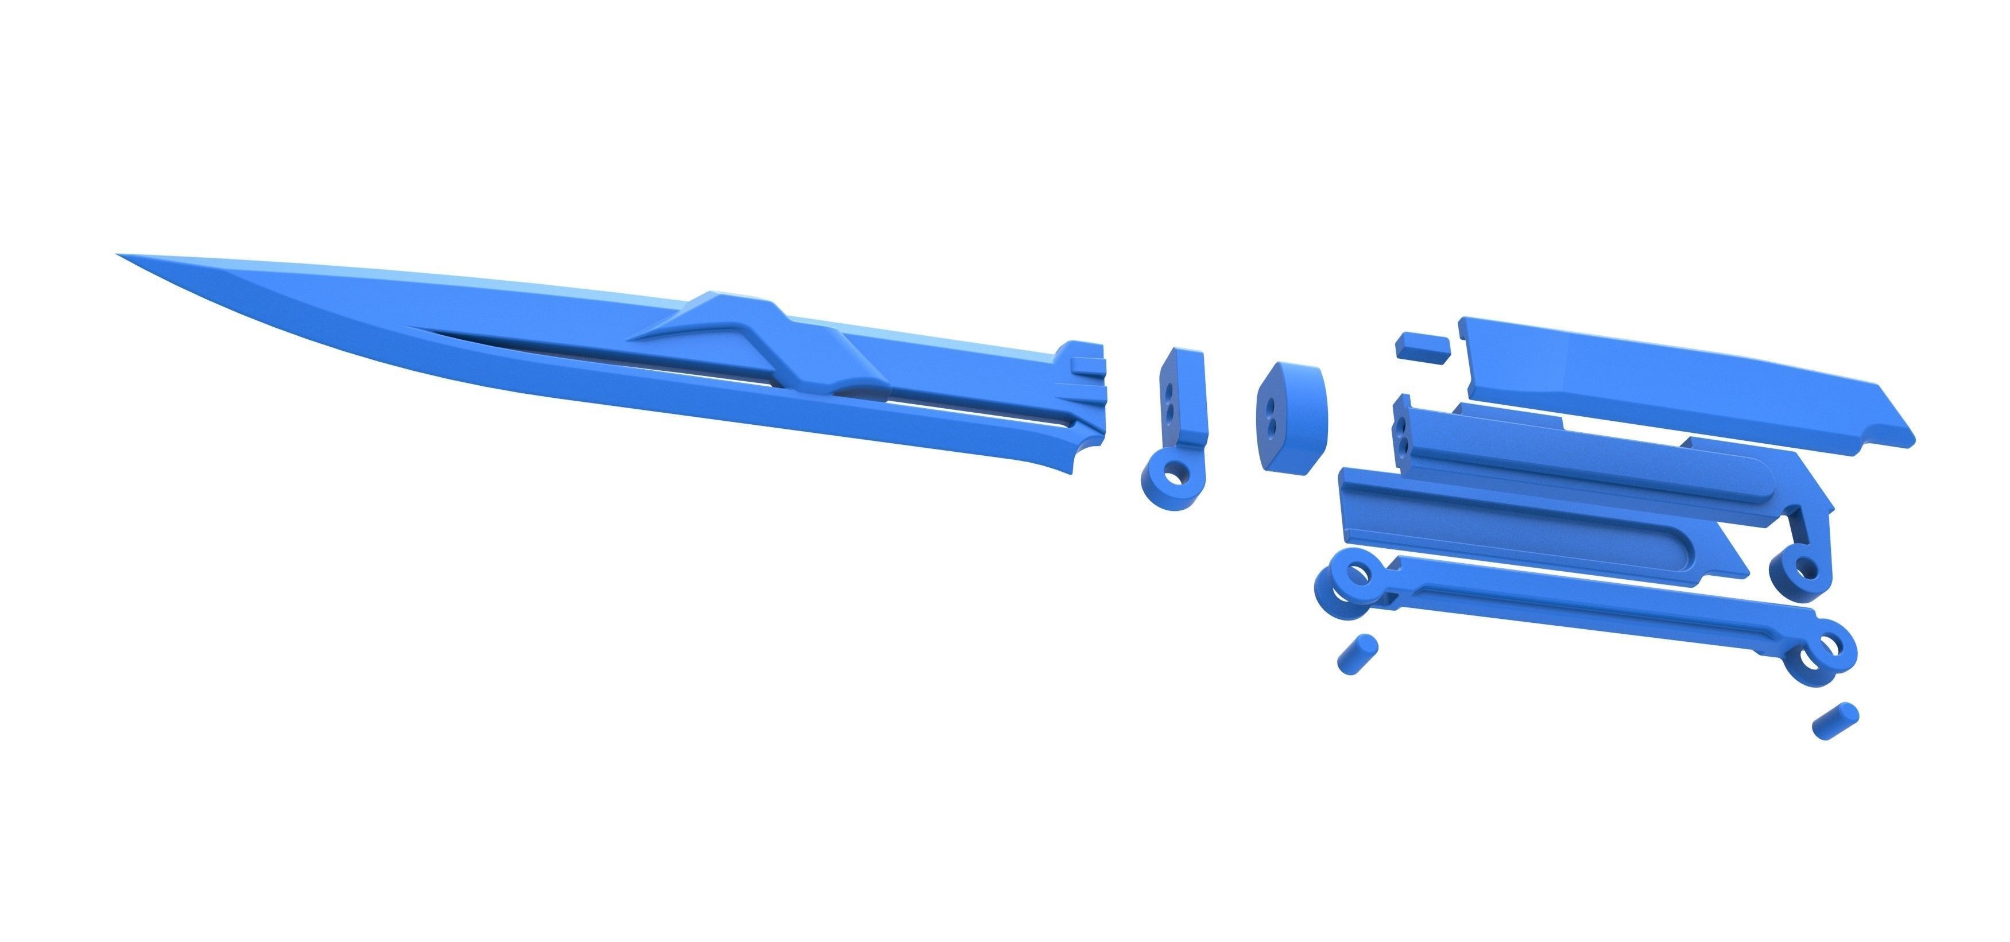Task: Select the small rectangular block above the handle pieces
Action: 1423,346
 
